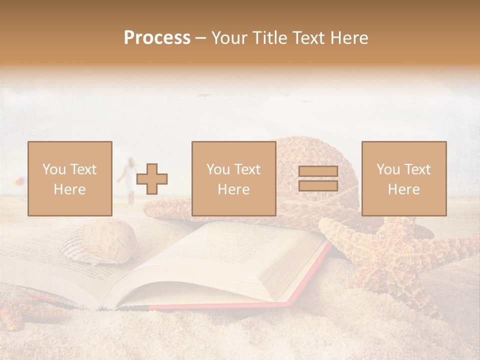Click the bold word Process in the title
click(x=157, y=38)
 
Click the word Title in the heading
click(x=268, y=38)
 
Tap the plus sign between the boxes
click(x=152, y=178)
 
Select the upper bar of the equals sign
click(x=318, y=171)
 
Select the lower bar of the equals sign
click(x=318, y=185)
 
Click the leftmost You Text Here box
click(x=69, y=178)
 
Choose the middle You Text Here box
click(x=233, y=178)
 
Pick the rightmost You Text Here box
click(x=403, y=178)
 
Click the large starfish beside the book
click(x=395, y=255)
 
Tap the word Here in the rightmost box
click(x=403, y=189)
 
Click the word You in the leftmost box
click(x=53, y=169)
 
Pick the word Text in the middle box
click(x=247, y=169)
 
